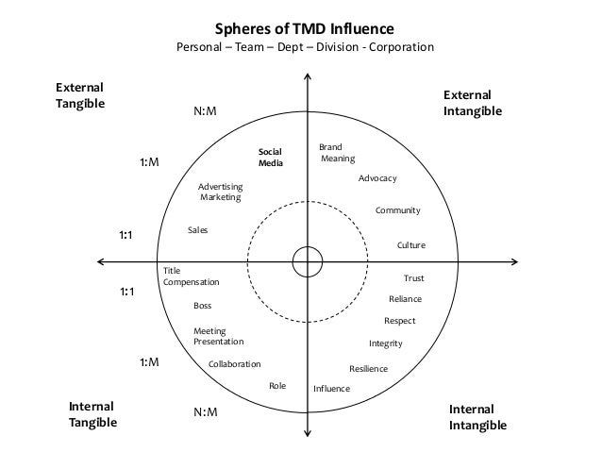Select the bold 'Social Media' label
click(271, 157)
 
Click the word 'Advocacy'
click(377, 178)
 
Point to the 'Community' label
click(397, 210)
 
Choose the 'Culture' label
click(410, 245)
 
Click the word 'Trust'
click(413, 278)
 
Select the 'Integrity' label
click(385, 343)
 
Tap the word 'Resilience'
click(368, 368)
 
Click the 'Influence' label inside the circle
click(331, 389)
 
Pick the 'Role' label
click(277, 385)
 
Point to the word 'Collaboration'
click(234, 363)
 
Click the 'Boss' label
click(202, 306)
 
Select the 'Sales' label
click(197, 230)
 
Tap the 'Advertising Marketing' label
click(220, 192)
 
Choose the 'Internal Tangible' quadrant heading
click(92, 414)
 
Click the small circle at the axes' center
click(307, 259)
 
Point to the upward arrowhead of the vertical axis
click(307, 68)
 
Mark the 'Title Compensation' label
click(191, 276)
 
